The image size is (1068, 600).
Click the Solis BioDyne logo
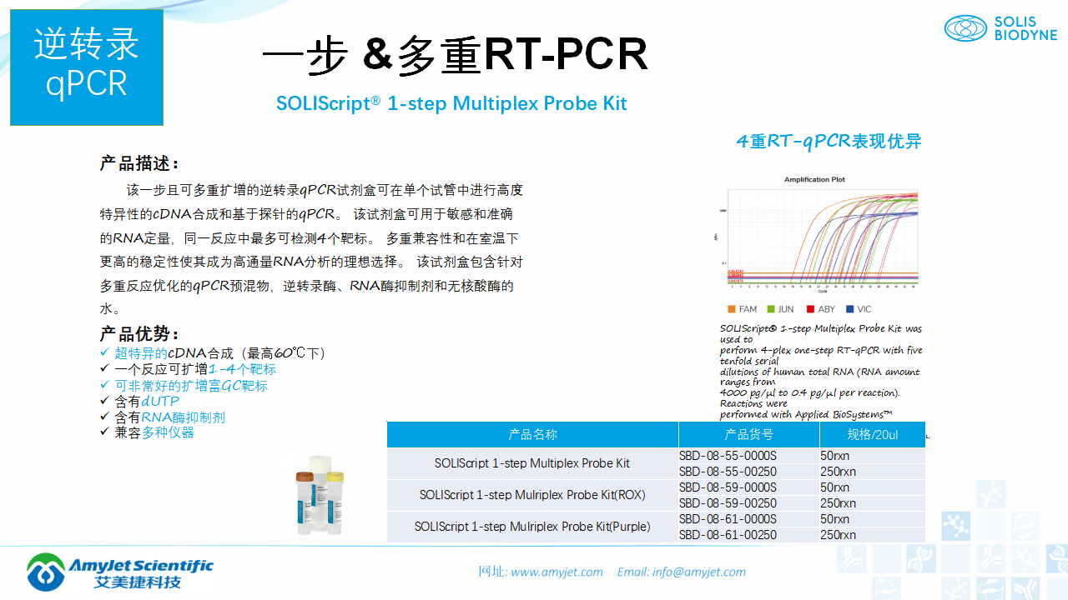[x=1000, y=28]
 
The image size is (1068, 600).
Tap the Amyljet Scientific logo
[x=119, y=572]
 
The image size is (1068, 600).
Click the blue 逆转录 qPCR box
[x=87, y=67]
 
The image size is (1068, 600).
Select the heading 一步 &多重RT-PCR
[x=455, y=55]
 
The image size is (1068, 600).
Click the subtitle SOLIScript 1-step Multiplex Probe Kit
[x=451, y=104]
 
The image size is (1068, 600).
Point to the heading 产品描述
[x=139, y=163]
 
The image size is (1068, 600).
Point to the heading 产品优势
[x=139, y=334]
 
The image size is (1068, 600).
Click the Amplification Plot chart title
[x=814, y=179]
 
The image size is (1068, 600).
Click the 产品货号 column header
[x=748, y=434]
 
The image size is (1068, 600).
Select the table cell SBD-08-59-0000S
[x=728, y=487]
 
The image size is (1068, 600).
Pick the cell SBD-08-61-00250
[x=728, y=535]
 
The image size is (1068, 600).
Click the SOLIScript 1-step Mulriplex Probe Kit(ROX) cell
[x=532, y=495]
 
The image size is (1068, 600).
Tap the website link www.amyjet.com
[x=557, y=572]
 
